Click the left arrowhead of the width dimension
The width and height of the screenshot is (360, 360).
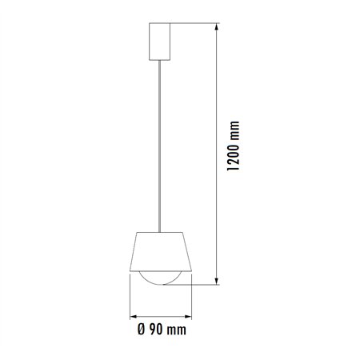click(x=132, y=313)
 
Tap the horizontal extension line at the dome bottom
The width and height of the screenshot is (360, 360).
click(x=200, y=284)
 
